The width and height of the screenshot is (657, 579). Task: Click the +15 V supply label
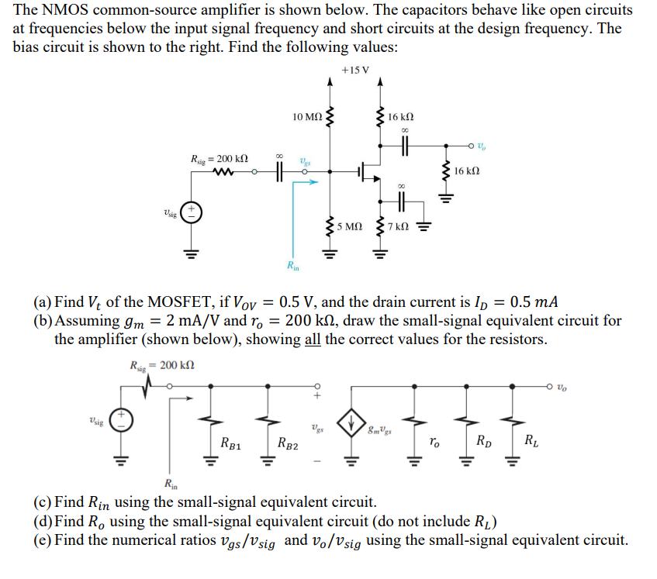pos(355,71)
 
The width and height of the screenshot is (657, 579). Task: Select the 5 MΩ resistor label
pos(349,227)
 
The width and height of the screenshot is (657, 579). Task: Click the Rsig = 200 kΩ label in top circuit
pos(219,159)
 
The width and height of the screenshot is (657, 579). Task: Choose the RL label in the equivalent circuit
pos(529,443)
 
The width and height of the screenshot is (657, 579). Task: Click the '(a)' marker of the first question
pos(42,302)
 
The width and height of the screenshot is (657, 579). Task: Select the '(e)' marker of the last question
pos(42,539)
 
